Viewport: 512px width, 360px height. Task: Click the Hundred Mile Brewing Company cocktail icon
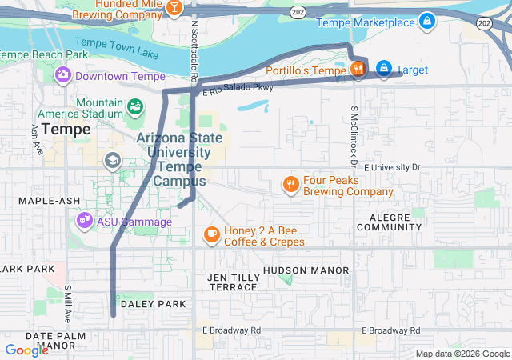coord(174,7)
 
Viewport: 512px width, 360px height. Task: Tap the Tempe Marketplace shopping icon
coord(427,21)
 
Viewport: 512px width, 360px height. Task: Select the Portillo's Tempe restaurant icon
coord(357,69)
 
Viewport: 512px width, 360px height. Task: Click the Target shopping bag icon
coord(384,69)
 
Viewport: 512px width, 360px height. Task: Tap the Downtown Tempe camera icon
coord(62,75)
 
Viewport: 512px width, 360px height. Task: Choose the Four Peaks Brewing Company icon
coord(290,186)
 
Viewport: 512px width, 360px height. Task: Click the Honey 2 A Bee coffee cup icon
coord(211,234)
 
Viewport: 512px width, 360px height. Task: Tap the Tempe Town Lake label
coord(117,49)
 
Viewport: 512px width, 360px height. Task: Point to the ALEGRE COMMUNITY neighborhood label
coord(389,222)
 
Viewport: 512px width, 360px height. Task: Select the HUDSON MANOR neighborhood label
coord(306,271)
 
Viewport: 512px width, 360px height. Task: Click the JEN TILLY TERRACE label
coord(232,282)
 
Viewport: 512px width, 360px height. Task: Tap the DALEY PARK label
coord(153,304)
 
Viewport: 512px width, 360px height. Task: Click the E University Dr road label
coord(391,168)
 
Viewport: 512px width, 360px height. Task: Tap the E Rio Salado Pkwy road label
coord(238,89)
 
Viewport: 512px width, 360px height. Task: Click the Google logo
coord(26,350)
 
